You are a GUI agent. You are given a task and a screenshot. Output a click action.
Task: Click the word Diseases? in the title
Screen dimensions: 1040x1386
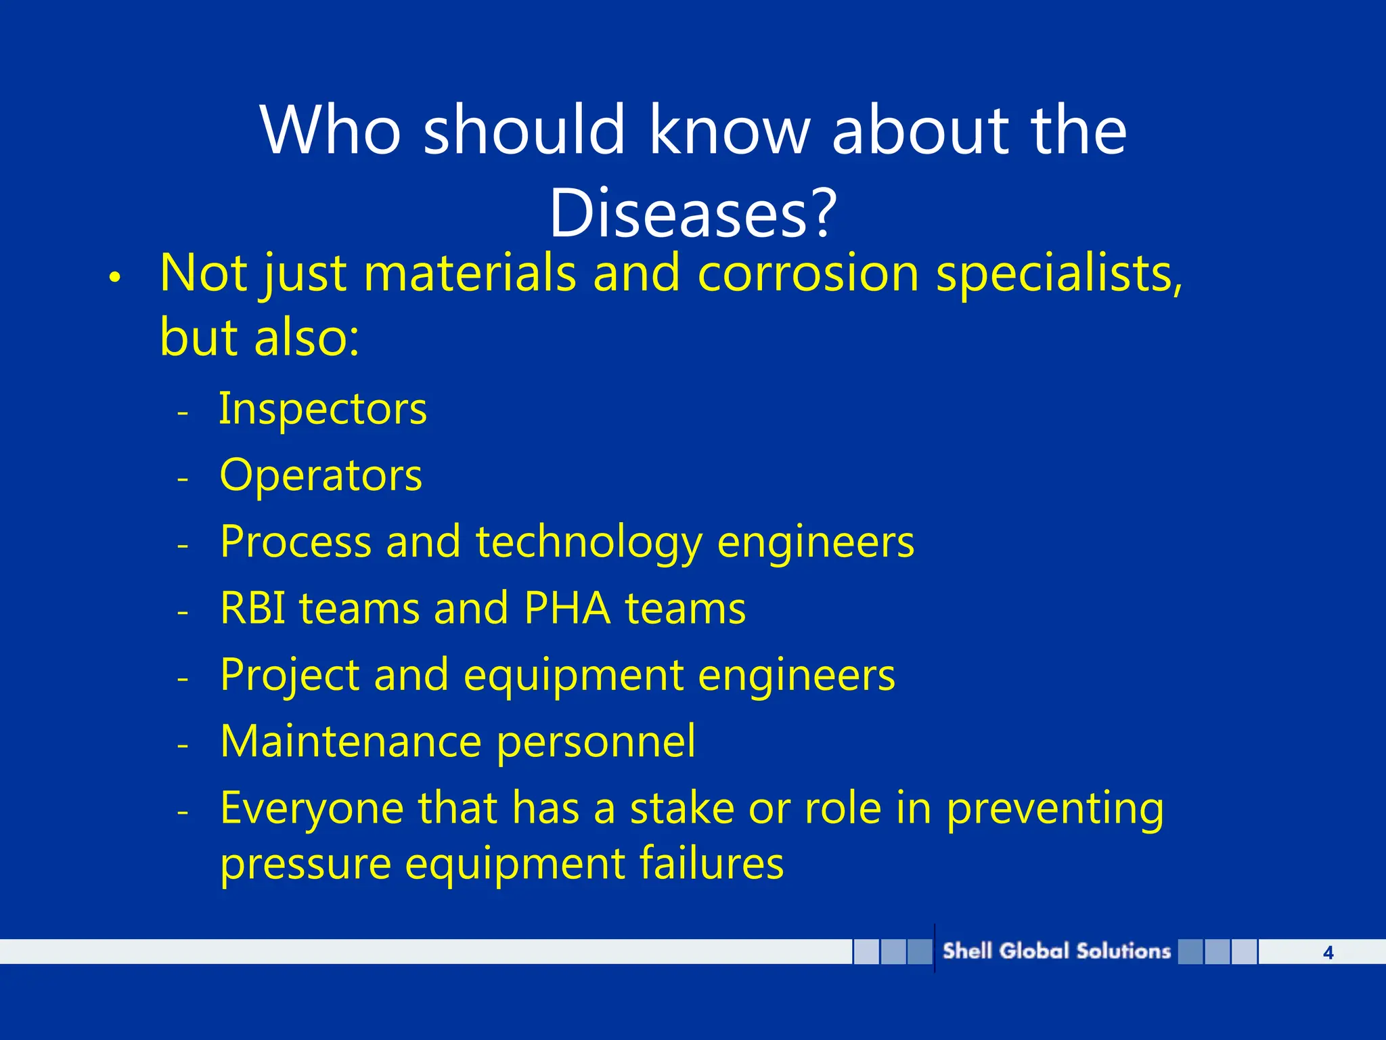(693, 213)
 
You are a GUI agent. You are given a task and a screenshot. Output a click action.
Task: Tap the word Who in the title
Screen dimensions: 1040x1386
(330, 130)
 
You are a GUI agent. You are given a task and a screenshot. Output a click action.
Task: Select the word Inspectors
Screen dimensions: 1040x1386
(323, 410)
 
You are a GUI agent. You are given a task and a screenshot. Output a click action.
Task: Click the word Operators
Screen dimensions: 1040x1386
(321, 475)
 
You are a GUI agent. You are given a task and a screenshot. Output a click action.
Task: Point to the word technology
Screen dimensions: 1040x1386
(589, 543)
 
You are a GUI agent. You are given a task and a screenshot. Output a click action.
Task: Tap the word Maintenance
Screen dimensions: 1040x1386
(351, 741)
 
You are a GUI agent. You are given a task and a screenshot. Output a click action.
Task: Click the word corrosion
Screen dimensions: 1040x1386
(808, 274)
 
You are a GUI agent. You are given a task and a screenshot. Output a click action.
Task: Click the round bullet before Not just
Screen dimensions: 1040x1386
(114, 278)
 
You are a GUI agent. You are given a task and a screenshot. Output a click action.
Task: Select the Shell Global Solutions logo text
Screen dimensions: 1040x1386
(1056, 951)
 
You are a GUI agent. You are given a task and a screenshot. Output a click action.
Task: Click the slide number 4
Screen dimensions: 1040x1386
(1328, 953)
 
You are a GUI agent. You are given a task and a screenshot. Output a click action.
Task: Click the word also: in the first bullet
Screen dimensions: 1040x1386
(307, 337)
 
